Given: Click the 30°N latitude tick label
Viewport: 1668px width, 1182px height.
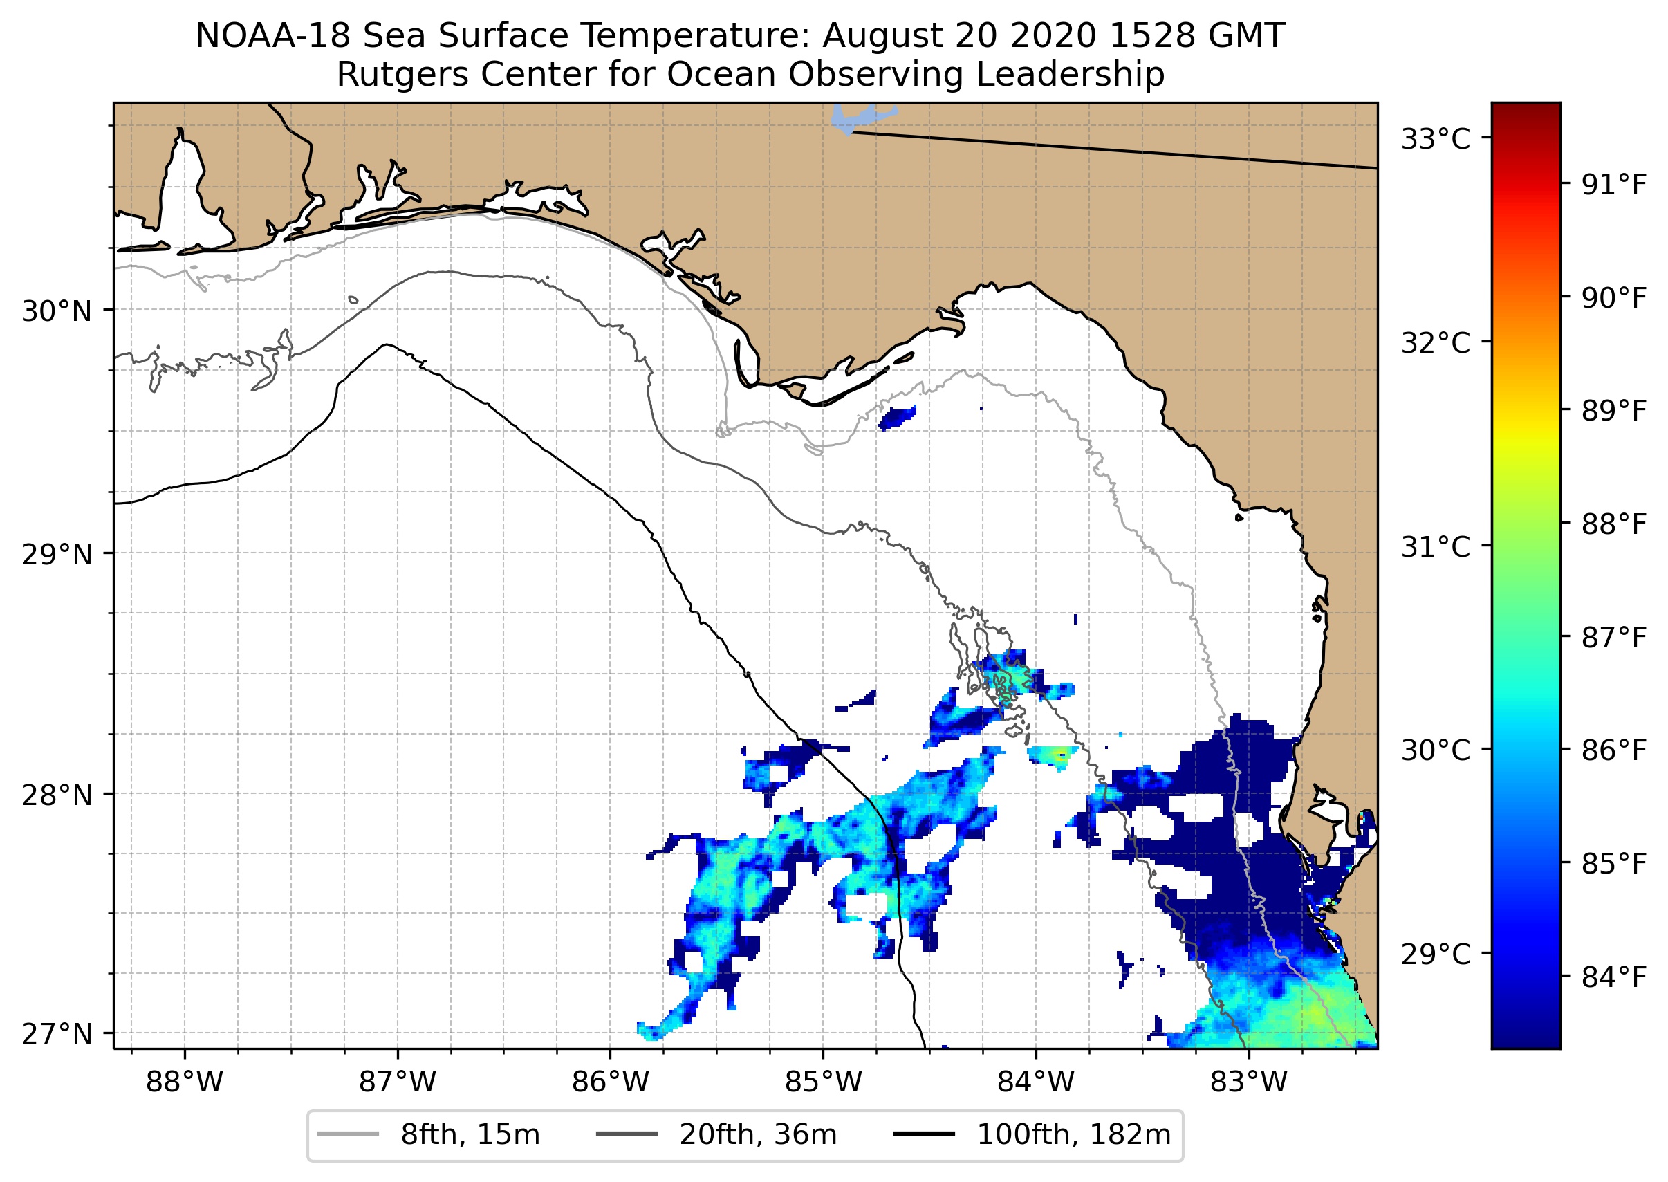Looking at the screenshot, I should pyautogui.click(x=57, y=311).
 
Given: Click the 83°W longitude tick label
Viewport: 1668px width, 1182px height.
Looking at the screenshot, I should pyautogui.click(x=1249, y=1082).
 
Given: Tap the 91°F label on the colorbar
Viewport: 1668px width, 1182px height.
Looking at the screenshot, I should pyautogui.click(x=1614, y=185).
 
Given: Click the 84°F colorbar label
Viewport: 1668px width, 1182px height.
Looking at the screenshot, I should pyautogui.click(x=1614, y=977).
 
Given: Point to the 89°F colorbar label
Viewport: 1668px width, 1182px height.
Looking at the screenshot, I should pyautogui.click(x=1614, y=412).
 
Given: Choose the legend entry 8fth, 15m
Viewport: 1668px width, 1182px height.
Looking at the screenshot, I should pyautogui.click(x=470, y=1135).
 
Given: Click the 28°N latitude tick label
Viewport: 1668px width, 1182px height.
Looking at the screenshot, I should pyautogui.click(x=57, y=795).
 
